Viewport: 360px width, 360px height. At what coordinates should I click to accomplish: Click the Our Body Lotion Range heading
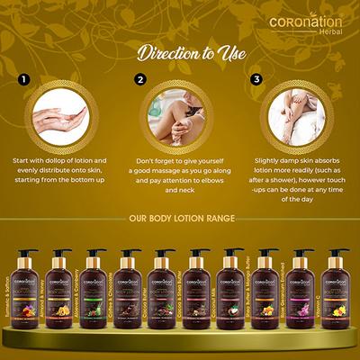tap(180, 218)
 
